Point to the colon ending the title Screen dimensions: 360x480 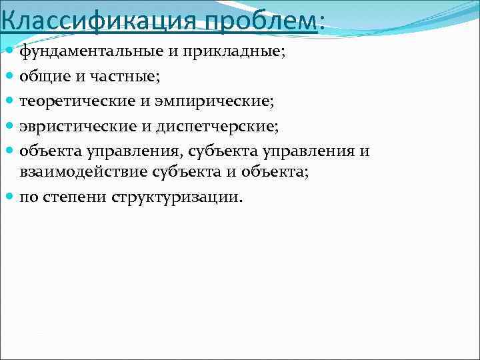pyautogui.click(x=323, y=21)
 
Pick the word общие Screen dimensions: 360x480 pyautogui.click(x=43, y=77)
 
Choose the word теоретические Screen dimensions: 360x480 pyautogui.click(x=74, y=101)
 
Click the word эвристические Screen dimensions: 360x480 pyautogui.click(x=73, y=126)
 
